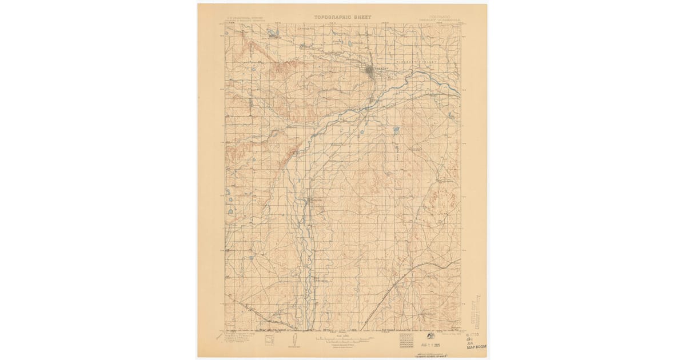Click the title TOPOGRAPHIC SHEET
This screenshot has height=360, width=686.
click(342, 17)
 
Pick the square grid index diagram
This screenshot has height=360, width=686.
click(407, 341)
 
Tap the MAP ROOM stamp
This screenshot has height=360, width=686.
click(478, 346)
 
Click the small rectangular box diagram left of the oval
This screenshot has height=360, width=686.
click(270, 339)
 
